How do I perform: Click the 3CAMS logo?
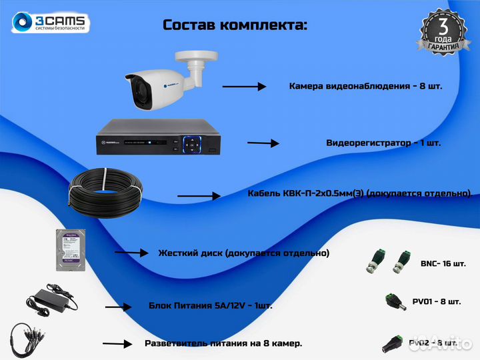[51, 22]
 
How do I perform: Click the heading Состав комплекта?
[235, 25]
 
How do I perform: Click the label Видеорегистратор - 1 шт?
[383, 143]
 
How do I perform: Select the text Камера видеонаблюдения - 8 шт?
[365, 86]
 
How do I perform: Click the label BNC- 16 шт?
[443, 264]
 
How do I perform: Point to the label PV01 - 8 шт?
[436, 302]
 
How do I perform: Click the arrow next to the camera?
[243, 87]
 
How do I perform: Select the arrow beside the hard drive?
[131, 253]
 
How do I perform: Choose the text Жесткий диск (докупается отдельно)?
[243, 253]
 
